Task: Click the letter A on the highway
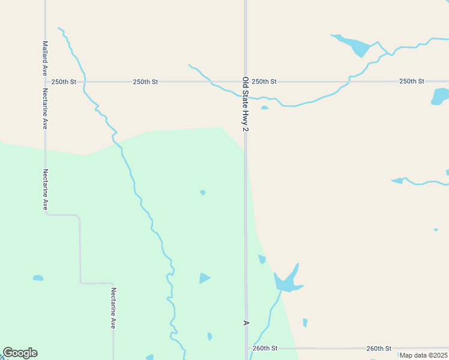click(x=246, y=323)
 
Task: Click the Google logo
click(x=20, y=353)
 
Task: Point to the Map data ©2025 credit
click(x=423, y=355)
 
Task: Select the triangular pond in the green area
click(x=204, y=278)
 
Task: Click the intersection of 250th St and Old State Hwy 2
click(x=246, y=82)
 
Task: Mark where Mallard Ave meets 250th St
click(x=45, y=82)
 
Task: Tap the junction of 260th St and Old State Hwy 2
click(x=246, y=348)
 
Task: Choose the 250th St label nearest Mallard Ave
click(x=64, y=82)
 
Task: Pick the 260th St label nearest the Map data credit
click(x=379, y=348)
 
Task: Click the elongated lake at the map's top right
click(x=354, y=44)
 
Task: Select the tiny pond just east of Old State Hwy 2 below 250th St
click(x=265, y=108)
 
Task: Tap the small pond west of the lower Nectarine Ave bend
click(x=38, y=278)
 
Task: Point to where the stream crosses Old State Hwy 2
click(x=246, y=96)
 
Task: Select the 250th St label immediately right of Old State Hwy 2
click(x=264, y=82)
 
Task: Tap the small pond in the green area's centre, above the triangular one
click(x=203, y=193)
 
